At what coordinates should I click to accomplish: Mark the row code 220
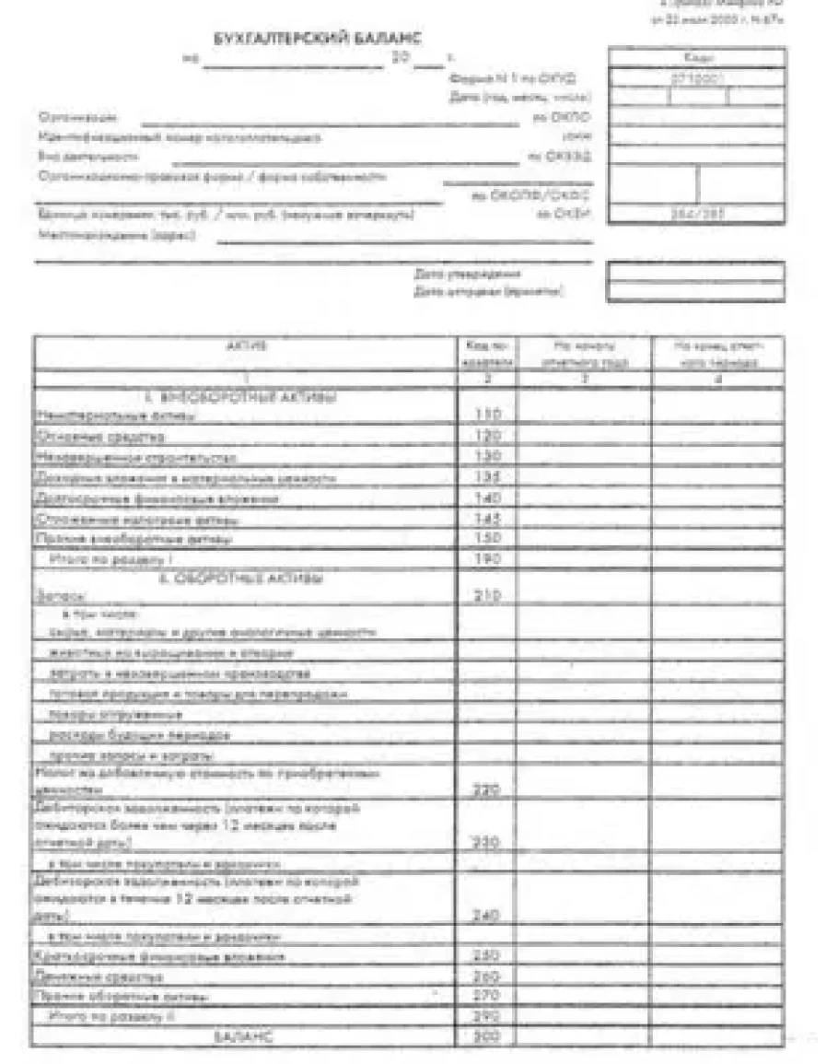click(486, 789)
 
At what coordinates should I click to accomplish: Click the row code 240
click(486, 915)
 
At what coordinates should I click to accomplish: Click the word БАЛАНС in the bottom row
click(241, 1036)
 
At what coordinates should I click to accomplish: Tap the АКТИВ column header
click(246, 346)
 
